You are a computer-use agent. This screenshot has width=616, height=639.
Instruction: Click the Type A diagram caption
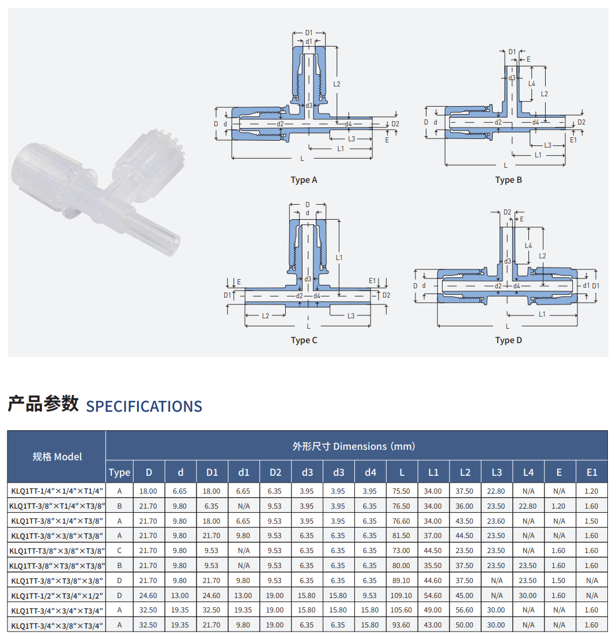click(304, 180)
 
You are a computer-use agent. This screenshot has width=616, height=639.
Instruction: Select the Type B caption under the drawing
click(508, 180)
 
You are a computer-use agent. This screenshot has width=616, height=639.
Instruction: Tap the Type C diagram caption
click(304, 340)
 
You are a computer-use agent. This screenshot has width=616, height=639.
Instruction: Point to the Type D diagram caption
click(508, 340)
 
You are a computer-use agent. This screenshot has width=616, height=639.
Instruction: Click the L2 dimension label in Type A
click(337, 84)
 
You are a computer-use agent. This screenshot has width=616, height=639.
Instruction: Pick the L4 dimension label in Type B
click(532, 84)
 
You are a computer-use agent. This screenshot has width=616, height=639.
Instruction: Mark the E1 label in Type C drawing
click(372, 281)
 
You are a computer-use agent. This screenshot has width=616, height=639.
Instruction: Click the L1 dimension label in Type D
click(542, 314)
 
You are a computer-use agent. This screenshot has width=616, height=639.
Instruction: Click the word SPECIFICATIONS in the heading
click(144, 407)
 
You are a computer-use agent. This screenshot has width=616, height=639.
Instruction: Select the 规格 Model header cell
click(57, 457)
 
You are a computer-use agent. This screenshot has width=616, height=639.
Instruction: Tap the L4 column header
click(528, 472)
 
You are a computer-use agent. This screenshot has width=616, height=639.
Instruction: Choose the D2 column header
click(275, 472)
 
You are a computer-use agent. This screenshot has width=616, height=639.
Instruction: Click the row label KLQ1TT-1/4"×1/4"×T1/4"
click(57, 491)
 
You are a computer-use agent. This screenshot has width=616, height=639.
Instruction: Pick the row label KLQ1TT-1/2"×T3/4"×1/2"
click(57, 595)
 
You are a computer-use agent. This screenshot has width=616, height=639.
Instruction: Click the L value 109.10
click(401, 595)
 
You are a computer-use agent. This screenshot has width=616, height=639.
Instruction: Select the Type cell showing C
click(119, 551)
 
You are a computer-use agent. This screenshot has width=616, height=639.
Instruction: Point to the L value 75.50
click(401, 491)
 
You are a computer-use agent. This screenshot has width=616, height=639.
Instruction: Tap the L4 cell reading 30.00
click(528, 595)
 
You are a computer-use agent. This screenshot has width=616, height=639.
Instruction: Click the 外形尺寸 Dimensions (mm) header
click(354, 446)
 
